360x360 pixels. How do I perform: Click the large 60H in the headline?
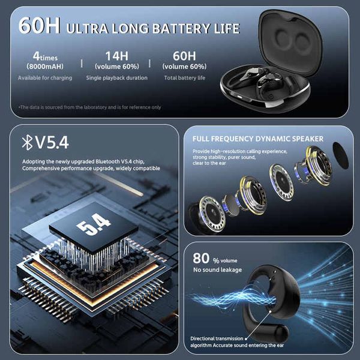pos(39,25)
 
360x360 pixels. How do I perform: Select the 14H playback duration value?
pos(117,56)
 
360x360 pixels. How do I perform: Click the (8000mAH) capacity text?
pos(45,67)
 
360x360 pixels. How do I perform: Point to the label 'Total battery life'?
pos(185,78)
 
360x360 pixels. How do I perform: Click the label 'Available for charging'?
pos(45,78)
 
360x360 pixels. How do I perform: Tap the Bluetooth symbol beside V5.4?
pos(27,142)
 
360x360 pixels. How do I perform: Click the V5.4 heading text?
pos(52,143)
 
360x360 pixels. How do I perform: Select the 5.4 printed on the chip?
pos(94,224)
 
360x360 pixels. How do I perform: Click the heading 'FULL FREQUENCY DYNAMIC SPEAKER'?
pos(258,139)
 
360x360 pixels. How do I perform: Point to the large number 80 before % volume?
pos(201,258)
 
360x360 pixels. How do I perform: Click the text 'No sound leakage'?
pos(217,270)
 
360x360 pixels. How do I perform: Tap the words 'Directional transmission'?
pos(217,338)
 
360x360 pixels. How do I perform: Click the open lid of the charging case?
pos(290,41)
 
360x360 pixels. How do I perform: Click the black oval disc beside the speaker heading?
pos(340,155)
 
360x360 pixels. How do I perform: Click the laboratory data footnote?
pos(90,107)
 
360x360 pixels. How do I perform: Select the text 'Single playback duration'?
pos(117,78)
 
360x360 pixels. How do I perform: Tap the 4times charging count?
pos(45,56)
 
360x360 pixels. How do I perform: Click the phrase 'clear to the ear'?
pos(209,163)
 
